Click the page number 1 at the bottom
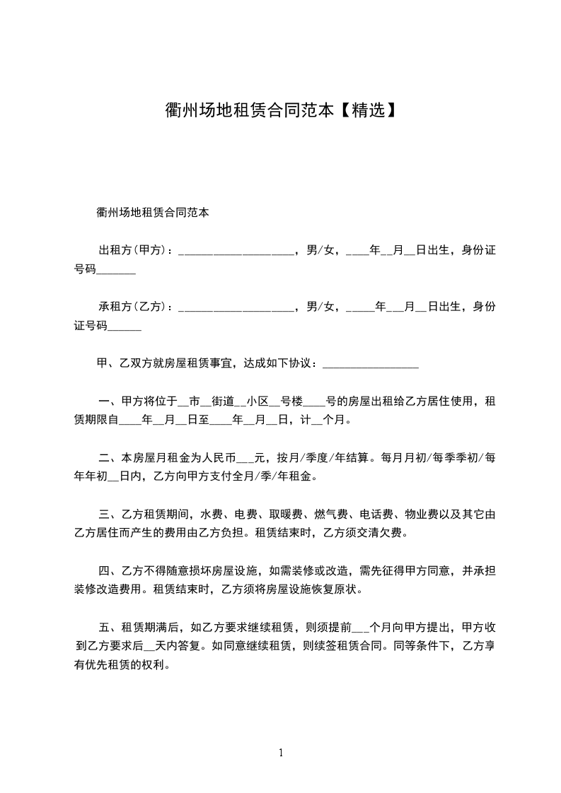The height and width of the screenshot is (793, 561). tap(281, 753)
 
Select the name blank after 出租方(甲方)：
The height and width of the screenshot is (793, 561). tap(236, 251)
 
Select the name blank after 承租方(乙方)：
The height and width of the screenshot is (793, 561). tap(236, 307)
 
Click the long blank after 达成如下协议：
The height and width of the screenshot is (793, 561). tap(370, 365)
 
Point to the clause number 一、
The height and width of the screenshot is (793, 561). tap(108, 401)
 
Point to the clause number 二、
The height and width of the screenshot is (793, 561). tap(108, 457)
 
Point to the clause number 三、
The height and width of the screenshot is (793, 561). tap(108, 513)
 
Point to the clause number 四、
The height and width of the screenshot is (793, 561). tap(108, 570)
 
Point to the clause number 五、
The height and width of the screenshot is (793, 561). tap(108, 626)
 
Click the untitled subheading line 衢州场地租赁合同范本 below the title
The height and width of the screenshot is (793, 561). tap(152, 211)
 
